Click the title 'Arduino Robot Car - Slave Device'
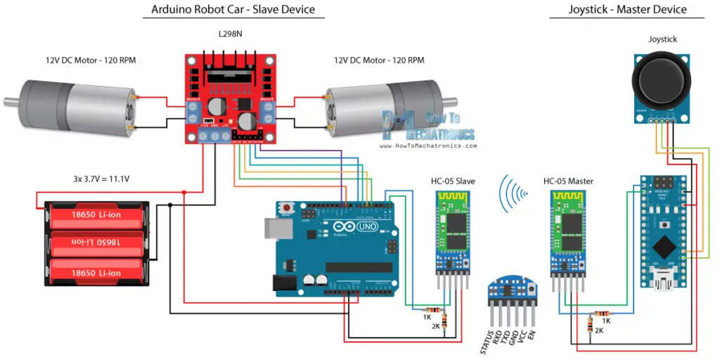(233, 10)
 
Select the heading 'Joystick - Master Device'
(627, 10)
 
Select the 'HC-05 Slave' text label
(453, 181)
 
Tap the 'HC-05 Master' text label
(568, 181)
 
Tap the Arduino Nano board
(662, 232)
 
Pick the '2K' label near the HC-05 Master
(599, 330)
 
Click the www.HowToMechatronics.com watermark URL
(429, 146)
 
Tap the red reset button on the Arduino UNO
(287, 208)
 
